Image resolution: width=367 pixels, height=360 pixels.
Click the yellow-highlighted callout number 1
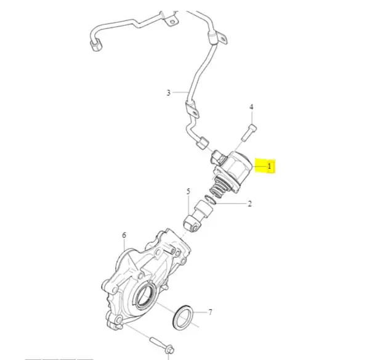tap(269, 166)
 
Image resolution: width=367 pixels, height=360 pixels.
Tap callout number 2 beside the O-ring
tap(250, 203)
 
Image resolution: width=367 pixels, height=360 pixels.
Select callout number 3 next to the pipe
tap(169, 93)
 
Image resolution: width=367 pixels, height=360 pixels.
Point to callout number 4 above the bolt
tap(251, 107)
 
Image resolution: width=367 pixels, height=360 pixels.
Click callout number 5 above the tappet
tap(188, 192)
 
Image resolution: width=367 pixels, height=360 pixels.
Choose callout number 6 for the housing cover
tap(124, 235)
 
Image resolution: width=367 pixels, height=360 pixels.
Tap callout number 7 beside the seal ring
tap(210, 312)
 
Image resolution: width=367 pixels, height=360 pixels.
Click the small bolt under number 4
tap(249, 133)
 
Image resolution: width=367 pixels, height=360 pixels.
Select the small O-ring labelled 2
tap(210, 200)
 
